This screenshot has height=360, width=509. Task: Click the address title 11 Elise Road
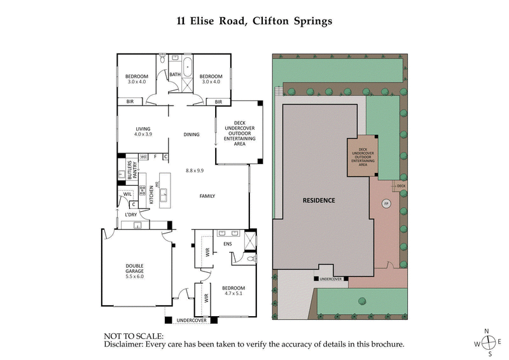pos(254,20)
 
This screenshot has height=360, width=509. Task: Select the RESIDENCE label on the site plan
pos(317,200)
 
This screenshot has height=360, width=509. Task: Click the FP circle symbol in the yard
pos(385,204)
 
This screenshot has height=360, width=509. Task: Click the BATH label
pos(175,74)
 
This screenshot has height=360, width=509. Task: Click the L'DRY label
pos(131,214)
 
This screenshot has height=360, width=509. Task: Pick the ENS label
pos(227,244)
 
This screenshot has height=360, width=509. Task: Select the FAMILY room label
pos(207,196)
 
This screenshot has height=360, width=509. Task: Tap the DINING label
pos(192,134)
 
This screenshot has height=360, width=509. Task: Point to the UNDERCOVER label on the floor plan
pos(191,319)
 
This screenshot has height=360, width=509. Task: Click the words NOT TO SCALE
pos(134,335)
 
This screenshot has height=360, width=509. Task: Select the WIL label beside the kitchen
pos(127,195)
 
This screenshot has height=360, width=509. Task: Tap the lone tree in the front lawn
pos(361,301)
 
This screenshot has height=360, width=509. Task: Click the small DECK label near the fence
pos(400,186)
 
